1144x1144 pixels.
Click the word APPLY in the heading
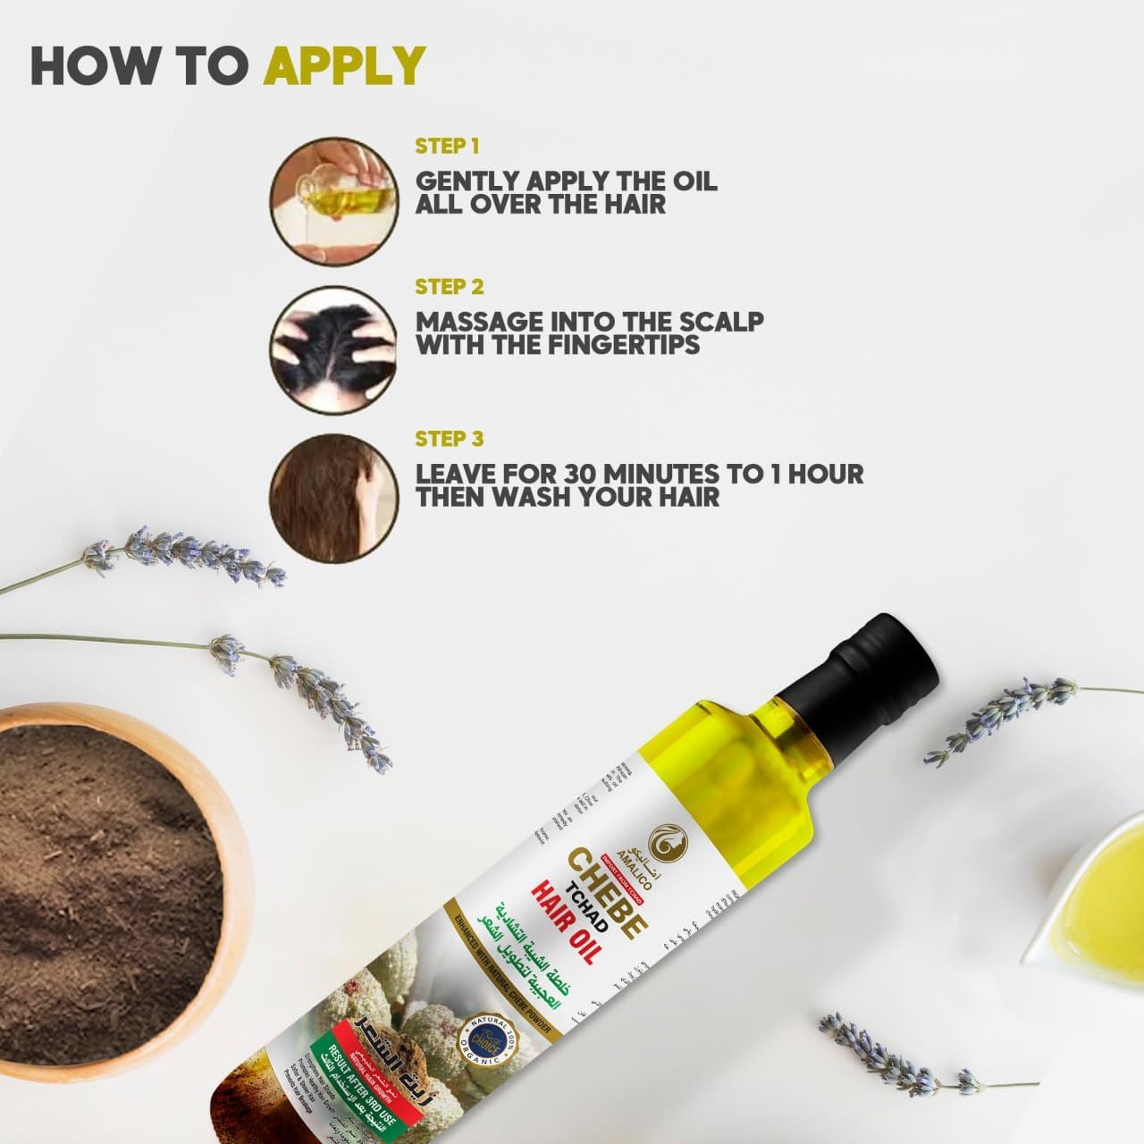pyautogui.click(x=346, y=65)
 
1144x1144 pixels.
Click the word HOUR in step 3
pyautogui.click(x=820, y=473)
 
